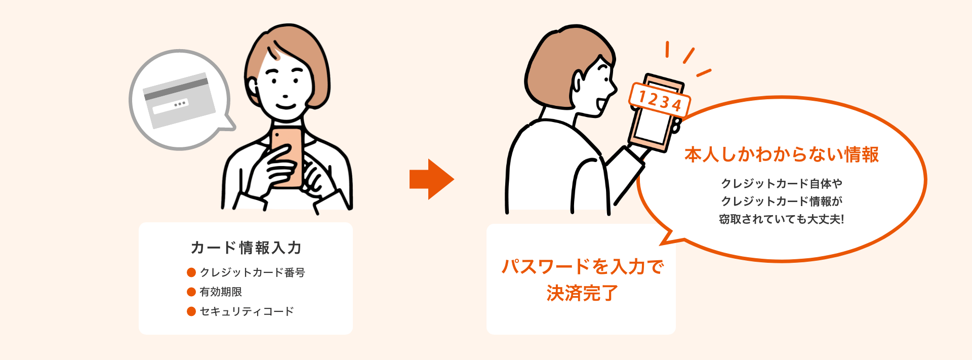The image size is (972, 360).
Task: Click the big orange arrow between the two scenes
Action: click(x=430, y=179)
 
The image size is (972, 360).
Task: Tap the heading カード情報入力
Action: click(x=246, y=248)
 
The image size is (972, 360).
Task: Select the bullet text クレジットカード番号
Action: click(x=252, y=272)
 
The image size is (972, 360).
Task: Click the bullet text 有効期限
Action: click(x=221, y=292)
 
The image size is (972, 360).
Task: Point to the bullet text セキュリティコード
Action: click(x=247, y=311)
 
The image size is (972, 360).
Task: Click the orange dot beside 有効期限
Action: click(x=191, y=292)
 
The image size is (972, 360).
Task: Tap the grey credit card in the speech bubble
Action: click(x=179, y=101)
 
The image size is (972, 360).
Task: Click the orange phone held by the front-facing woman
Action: click(x=287, y=157)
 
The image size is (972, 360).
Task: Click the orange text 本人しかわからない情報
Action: click(x=781, y=154)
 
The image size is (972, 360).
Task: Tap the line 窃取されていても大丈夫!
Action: click(x=781, y=219)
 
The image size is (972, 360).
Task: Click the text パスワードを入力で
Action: click(x=582, y=266)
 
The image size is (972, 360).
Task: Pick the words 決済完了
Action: click(x=582, y=293)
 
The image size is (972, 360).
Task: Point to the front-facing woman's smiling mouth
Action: click(x=286, y=106)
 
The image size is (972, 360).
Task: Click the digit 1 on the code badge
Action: click(x=642, y=96)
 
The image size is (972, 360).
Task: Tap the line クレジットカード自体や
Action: click(x=781, y=183)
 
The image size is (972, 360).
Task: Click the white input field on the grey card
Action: click(x=171, y=106)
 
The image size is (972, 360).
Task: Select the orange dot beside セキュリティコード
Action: click(x=191, y=311)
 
